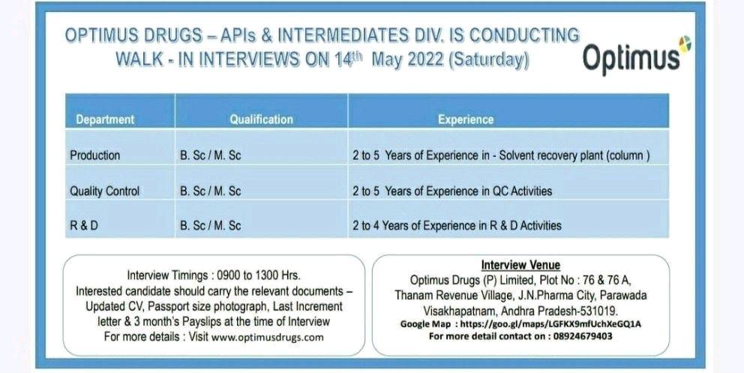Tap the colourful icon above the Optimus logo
coord(684,44)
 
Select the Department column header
coord(105,119)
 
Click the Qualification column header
coord(262,119)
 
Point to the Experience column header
coord(466,119)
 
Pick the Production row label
coord(95,155)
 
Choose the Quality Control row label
coord(104,191)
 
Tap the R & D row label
coord(84,225)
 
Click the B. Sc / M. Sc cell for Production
coord(210,155)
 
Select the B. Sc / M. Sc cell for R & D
coord(210,225)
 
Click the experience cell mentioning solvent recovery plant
coord(501,155)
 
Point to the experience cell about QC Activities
coord(452,191)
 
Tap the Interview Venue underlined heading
coord(520,265)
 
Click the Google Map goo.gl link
coord(550,324)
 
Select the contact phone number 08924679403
coord(583,336)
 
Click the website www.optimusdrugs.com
coord(267,338)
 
